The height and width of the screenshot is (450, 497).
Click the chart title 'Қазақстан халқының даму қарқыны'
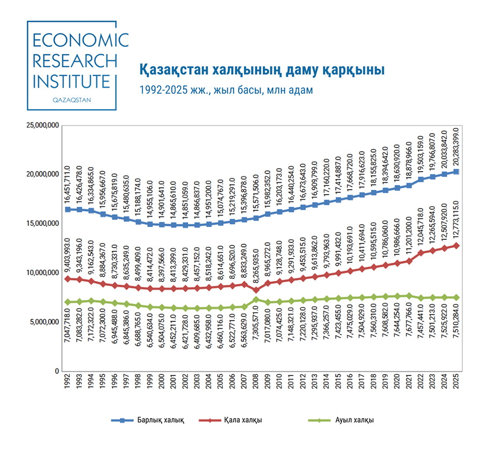point(262,70)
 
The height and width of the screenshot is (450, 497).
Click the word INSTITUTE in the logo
point(71,81)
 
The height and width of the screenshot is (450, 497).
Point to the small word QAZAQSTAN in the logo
point(71,100)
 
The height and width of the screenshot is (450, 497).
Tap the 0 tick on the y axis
point(56,371)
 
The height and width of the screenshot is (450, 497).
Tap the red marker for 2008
point(256,290)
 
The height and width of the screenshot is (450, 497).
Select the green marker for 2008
point(256,299)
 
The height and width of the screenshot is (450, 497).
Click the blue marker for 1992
point(68,209)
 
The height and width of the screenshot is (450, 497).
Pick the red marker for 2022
point(421,253)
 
